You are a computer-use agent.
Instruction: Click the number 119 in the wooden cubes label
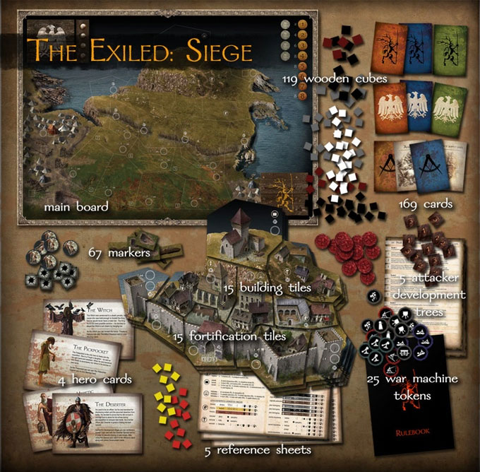pos(292,77)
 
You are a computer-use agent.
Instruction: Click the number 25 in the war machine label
pos(376,379)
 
